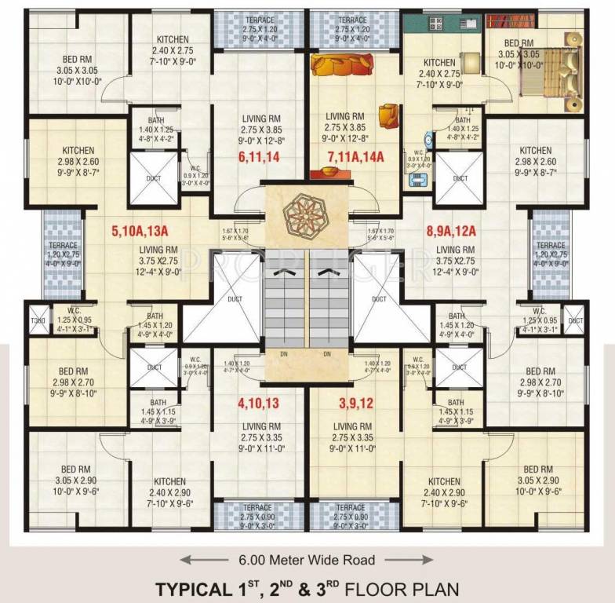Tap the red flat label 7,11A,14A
pyautogui.click(x=355, y=157)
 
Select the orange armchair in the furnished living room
pyautogui.click(x=388, y=115)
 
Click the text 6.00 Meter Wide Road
pyautogui.click(x=307, y=560)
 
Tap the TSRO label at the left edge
pyautogui.click(x=35, y=321)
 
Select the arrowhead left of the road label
pyautogui.click(x=185, y=560)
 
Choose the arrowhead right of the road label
pyautogui.click(x=428, y=560)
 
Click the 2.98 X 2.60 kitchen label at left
pyautogui.click(x=77, y=161)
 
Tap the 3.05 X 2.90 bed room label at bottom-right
pyautogui.click(x=537, y=481)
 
